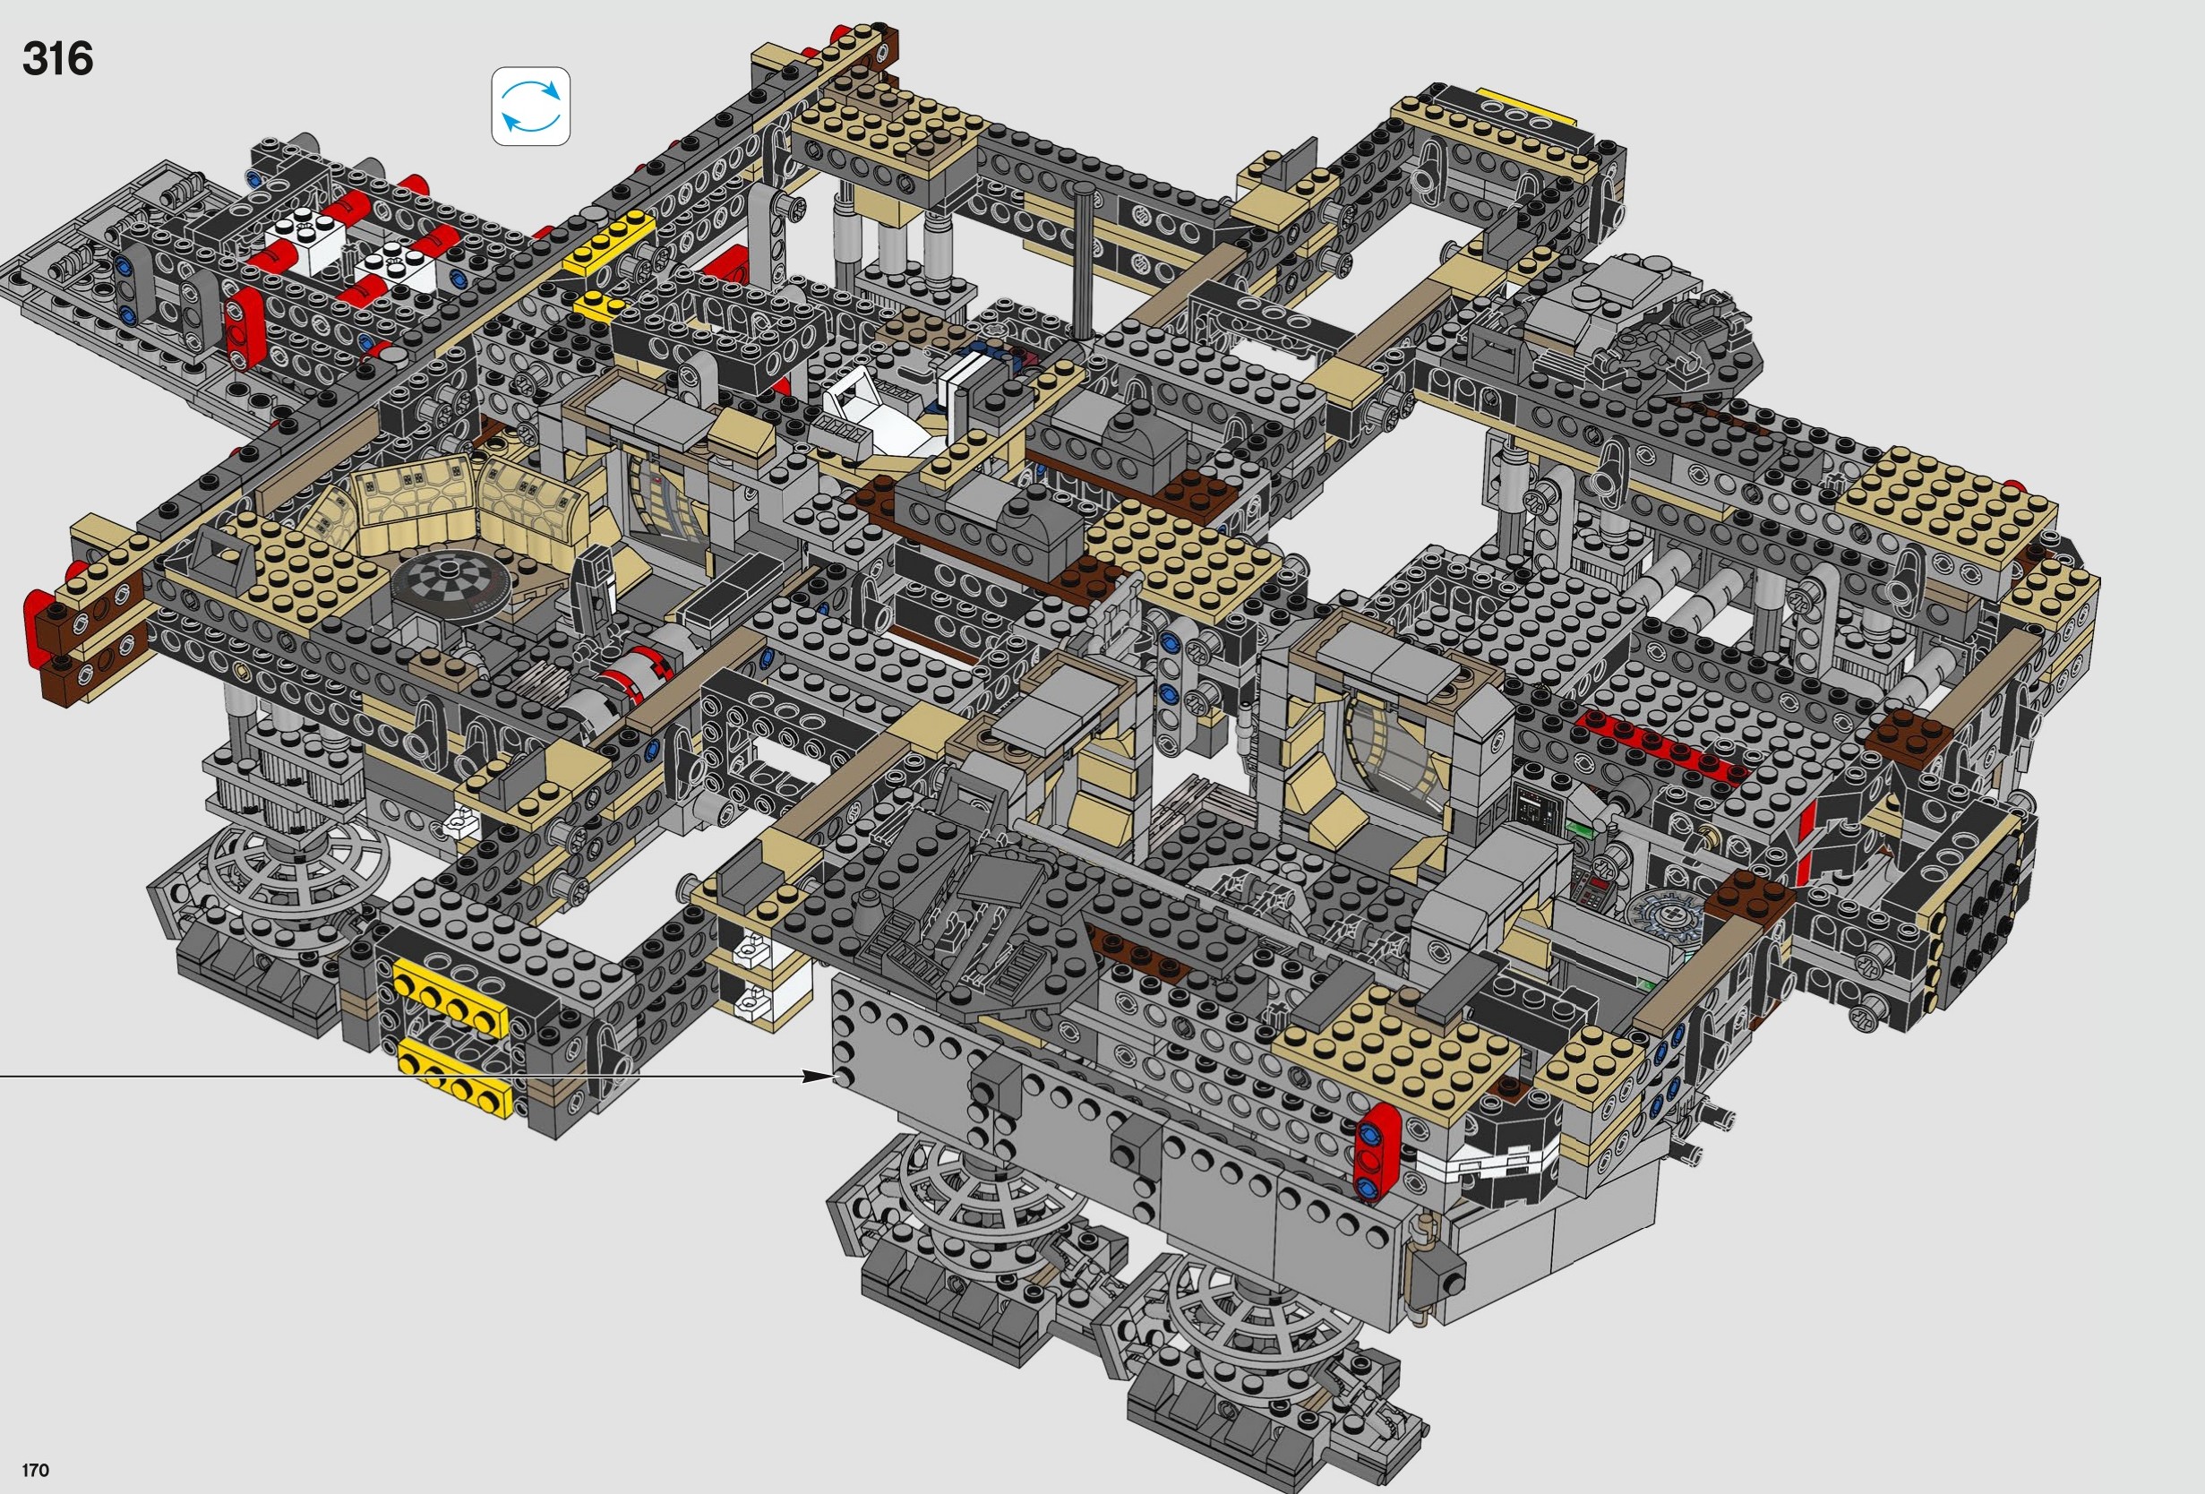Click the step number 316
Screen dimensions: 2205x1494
(58, 59)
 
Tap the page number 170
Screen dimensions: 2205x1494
(35, 1471)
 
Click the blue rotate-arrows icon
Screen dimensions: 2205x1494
(530, 107)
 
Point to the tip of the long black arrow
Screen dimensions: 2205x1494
(831, 1076)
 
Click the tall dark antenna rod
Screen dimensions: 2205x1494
(1083, 261)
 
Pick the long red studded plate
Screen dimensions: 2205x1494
(1660, 743)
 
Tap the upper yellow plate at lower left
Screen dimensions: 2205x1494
(450, 997)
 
